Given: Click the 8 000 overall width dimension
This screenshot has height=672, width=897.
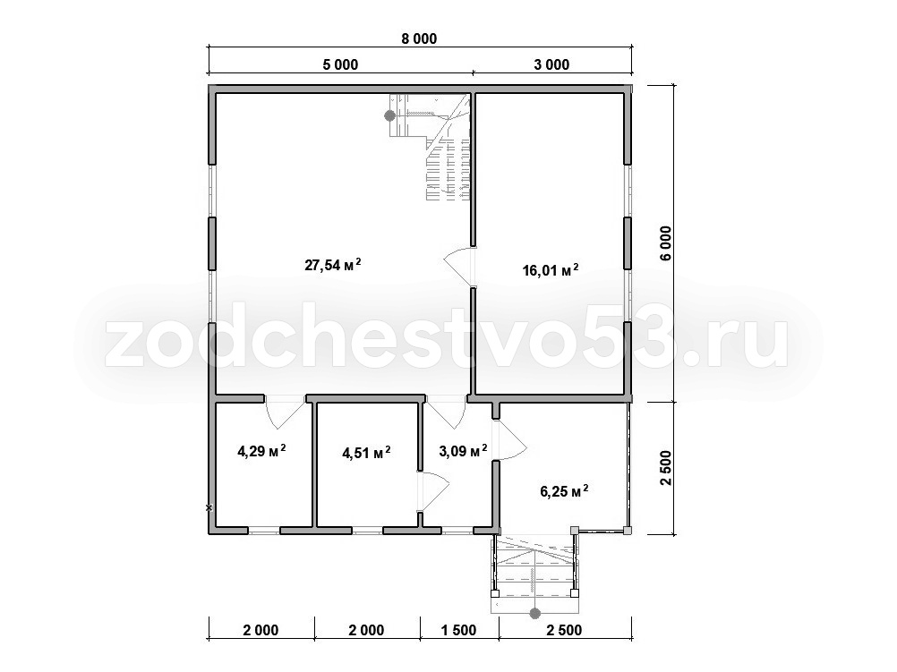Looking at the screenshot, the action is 419,38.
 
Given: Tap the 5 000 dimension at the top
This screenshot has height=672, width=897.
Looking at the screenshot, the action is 340,64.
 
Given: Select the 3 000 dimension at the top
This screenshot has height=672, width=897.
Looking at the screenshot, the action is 551,64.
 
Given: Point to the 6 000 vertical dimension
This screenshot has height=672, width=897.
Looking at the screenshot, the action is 666,243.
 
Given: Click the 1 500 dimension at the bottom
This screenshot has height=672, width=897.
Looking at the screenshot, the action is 459,630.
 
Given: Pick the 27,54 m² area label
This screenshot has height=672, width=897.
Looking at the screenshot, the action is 333,265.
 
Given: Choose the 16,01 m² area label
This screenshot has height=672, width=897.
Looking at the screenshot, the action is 551,269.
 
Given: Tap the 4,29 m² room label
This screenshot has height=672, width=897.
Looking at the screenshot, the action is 261,451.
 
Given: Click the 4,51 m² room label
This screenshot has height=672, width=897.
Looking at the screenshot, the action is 366,453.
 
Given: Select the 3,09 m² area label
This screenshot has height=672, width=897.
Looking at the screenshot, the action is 463,451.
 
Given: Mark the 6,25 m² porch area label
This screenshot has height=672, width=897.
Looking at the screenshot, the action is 564,490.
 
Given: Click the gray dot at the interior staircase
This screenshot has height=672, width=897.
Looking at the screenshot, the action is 389,115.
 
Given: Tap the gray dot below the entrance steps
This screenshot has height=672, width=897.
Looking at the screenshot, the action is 534,614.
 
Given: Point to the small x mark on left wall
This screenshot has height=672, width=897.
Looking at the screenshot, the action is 209,507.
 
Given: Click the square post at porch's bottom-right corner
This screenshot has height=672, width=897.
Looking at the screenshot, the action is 628,530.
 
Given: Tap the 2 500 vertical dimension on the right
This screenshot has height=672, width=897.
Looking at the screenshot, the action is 666,469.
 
